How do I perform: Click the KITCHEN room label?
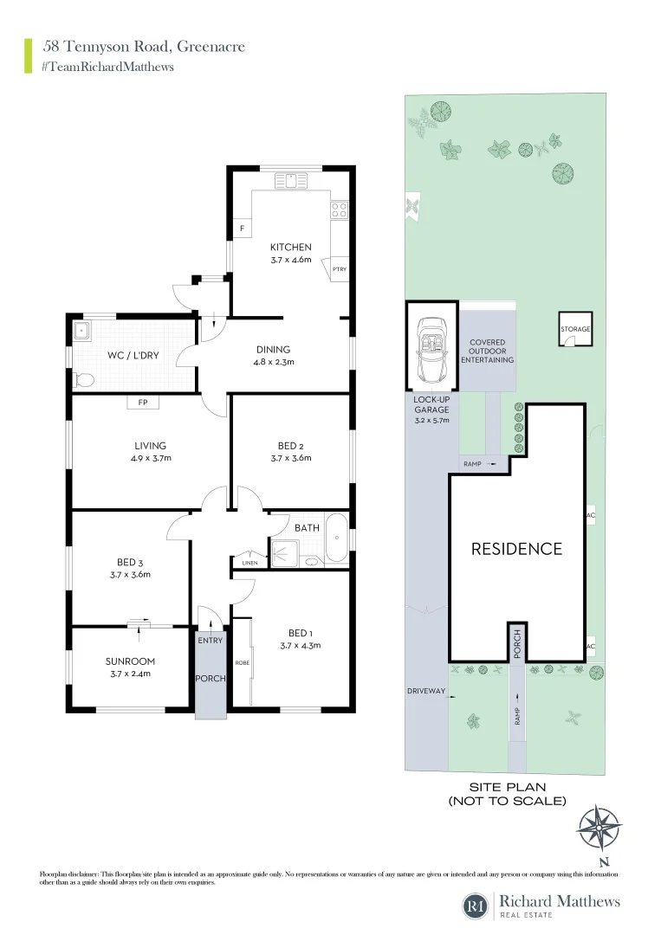click(x=290, y=248)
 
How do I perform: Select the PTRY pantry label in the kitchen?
click(x=340, y=270)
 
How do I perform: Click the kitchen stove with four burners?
click(x=340, y=209)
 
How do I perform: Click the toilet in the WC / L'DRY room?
click(x=85, y=378)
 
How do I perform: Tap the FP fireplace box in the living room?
click(x=141, y=402)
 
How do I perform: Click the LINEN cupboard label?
click(x=249, y=563)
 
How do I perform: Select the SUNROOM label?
click(x=129, y=661)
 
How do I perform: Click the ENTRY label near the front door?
click(x=210, y=641)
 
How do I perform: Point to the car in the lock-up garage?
click(x=431, y=350)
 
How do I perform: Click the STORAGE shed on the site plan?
click(x=576, y=330)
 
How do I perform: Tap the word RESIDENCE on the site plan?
click(x=516, y=549)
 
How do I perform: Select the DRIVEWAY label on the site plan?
click(x=425, y=691)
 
